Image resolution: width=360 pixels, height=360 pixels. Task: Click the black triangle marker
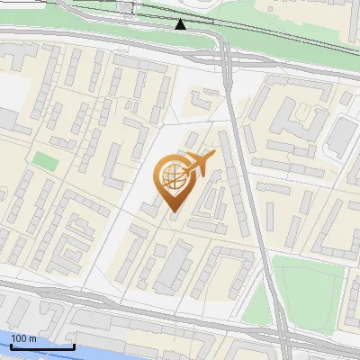tap(181, 23)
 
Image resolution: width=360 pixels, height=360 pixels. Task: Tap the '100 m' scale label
tap(24, 338)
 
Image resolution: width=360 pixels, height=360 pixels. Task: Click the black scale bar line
tap(42, 346)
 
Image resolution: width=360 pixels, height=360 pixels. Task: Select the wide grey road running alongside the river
tap(135, 310)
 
